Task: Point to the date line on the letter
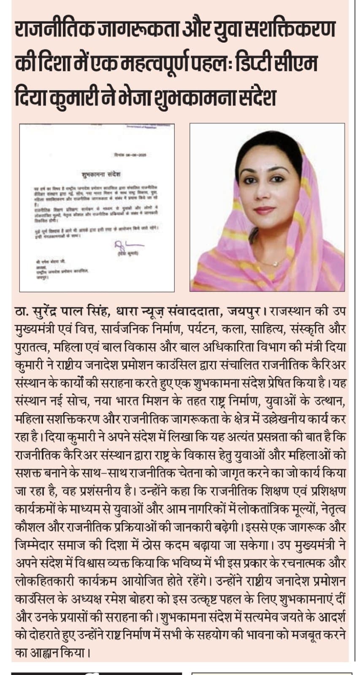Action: (x=127, y=155)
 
